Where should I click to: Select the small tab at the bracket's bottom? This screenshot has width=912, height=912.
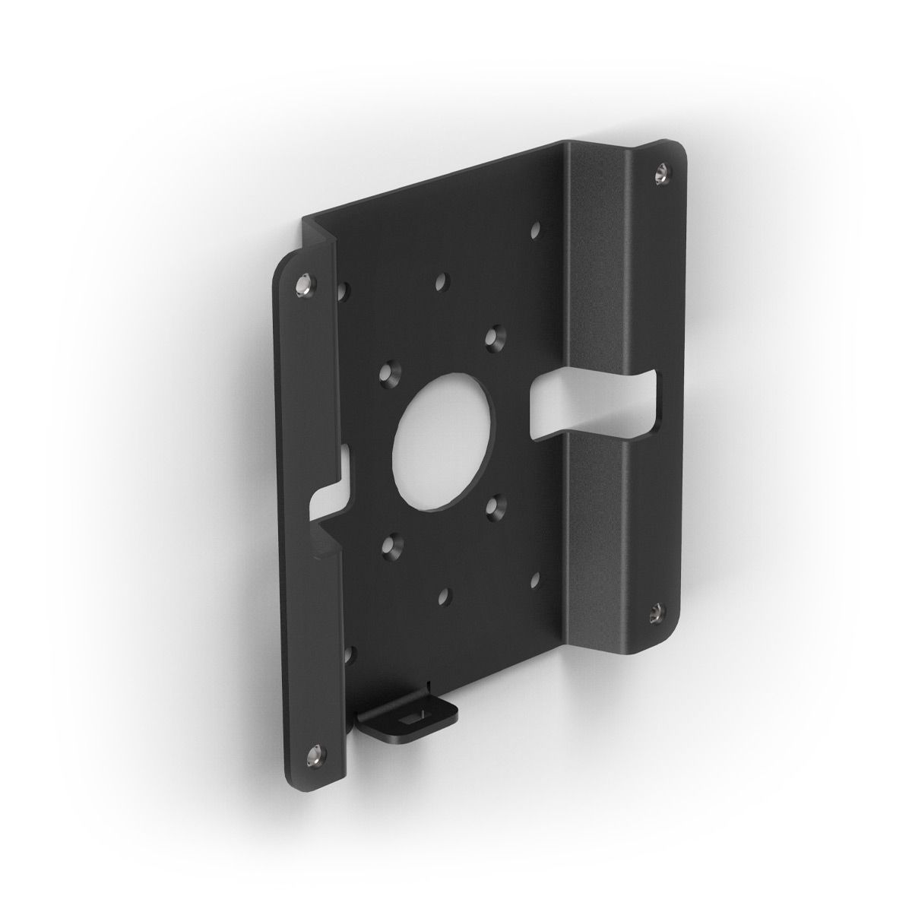[x=411, y=714]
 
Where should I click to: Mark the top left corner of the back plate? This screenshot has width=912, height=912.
[x=304, y=218]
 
